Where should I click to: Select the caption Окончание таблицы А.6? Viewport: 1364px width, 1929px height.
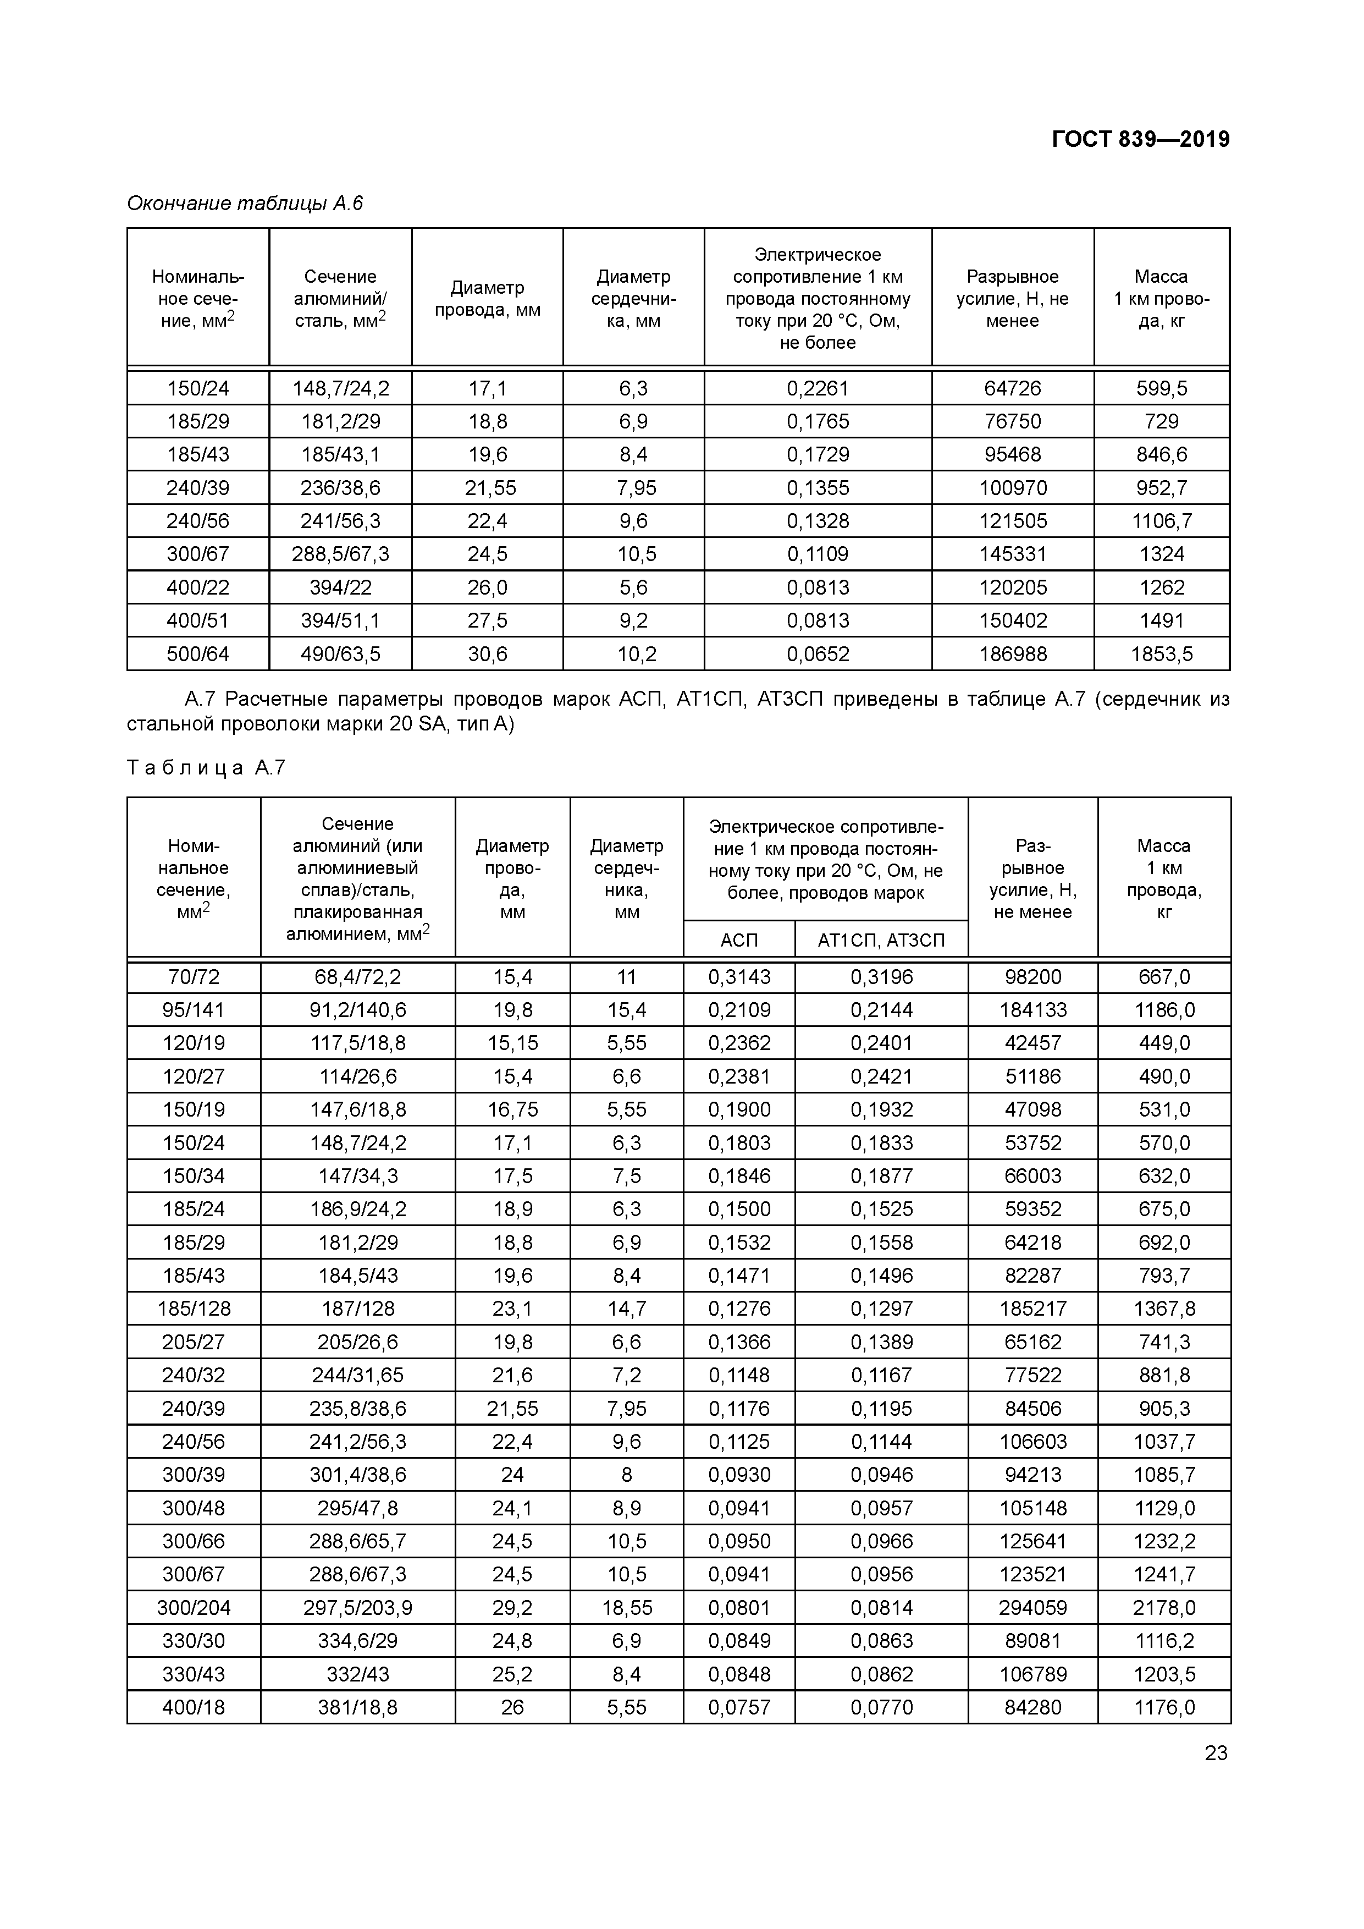point(245,204)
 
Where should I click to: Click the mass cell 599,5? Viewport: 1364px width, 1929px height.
point(1162,388)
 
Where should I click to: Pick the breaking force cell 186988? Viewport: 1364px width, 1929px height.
point(1012,653)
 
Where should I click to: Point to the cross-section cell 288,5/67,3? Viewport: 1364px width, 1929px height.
point(340,554)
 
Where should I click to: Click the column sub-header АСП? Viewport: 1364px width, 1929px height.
point(738,940)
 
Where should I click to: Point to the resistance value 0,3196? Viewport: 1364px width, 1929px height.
point(881,977)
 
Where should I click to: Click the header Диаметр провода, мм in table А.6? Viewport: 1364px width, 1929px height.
point(487,298)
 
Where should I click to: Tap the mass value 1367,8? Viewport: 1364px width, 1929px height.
point(1164,1309)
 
